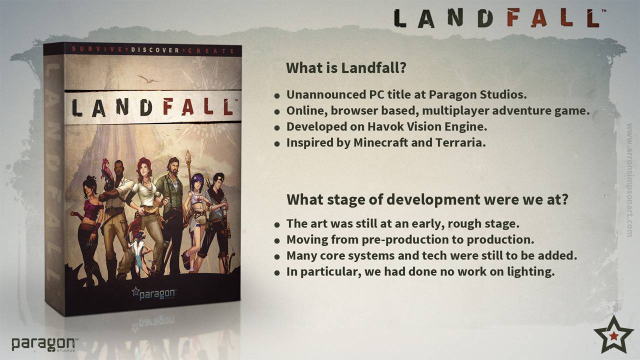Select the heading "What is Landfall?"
pos(346,68)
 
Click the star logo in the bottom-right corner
pos(613,335)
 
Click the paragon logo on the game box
pos(153,293)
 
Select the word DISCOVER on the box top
pos(155,50)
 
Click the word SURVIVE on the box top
pos(97,49)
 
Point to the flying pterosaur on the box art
pos(148,79)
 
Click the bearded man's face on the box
pos(173,167)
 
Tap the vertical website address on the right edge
pos(629,180)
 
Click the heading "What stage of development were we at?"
pos(427,199)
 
